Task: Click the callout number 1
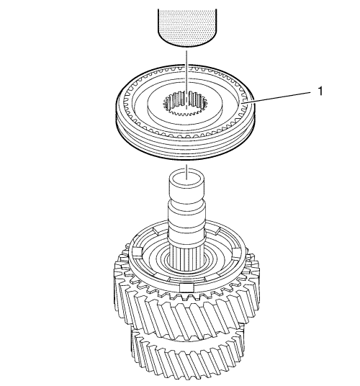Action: [320, 91]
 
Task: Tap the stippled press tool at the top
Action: [187, 27]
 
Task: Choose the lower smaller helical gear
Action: [186, 357]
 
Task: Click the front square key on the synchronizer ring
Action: [187, 287]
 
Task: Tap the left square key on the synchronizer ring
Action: [136, 252]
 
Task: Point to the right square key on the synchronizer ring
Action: [237, 252]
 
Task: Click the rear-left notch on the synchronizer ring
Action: [158, 230]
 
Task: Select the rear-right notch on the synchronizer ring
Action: [215, 230]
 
